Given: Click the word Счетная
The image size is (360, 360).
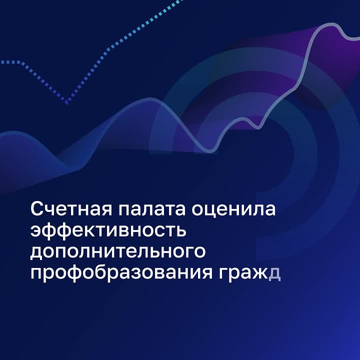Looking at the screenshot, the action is tap(71, 208).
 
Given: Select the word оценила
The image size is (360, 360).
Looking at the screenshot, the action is tap(233, 209).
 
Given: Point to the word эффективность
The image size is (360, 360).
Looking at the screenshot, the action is tap(108, 230).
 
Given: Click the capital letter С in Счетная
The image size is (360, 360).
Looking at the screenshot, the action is tap(37, 208).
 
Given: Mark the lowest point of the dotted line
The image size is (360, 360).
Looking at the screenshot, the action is tap(67, 103).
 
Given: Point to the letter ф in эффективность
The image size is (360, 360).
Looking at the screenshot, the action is tap(52, 230).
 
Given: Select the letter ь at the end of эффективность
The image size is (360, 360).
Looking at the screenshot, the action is tap(180, 230).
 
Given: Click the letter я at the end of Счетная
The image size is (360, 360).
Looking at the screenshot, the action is tap(106, 209).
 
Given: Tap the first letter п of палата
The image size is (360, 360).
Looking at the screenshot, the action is tap(124, 209).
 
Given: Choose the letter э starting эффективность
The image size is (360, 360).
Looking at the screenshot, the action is tap(36, 230).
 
